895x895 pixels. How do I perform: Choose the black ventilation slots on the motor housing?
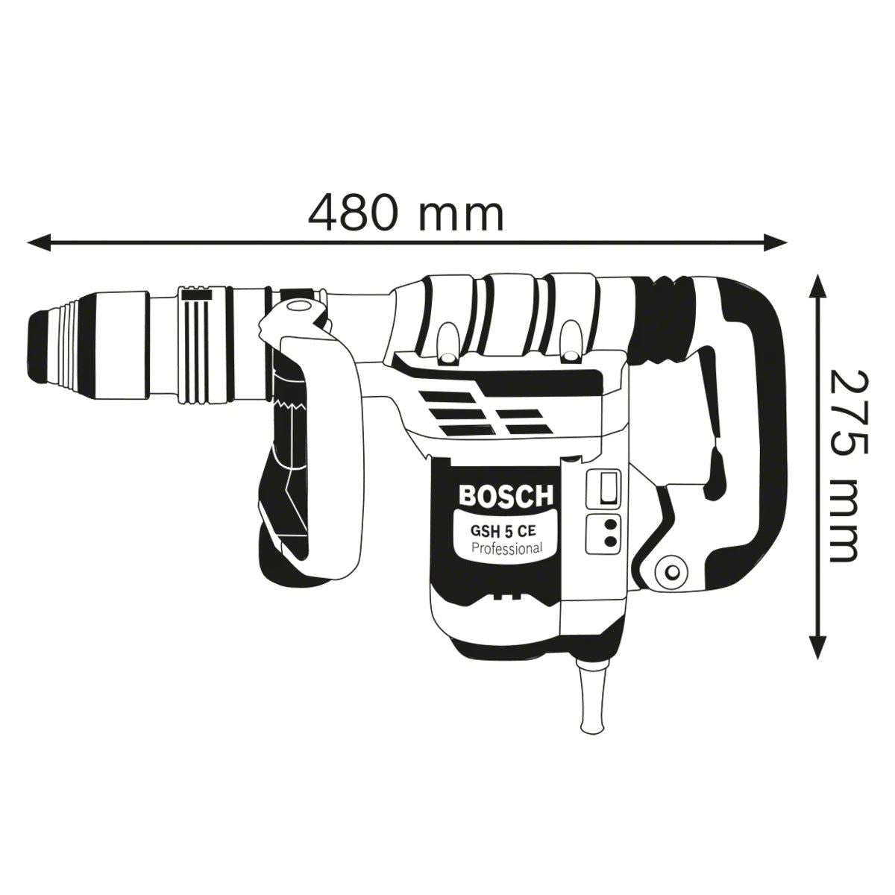tap(477, 414)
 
